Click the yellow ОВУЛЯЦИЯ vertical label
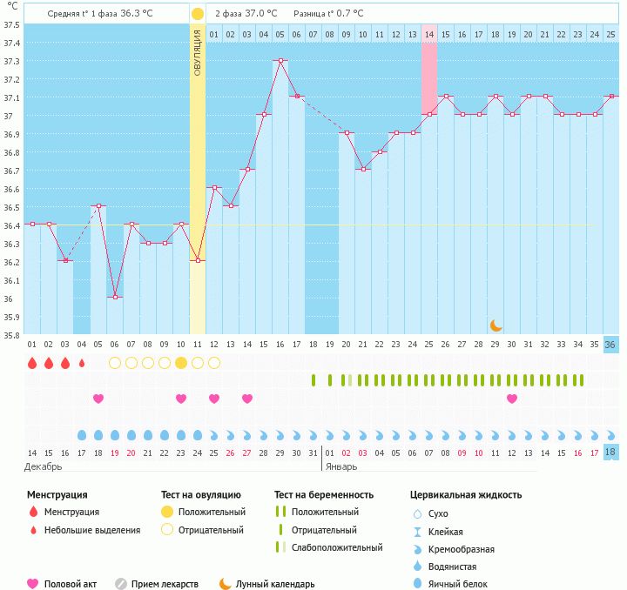pos(198,52)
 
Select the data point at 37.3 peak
pos(280,61)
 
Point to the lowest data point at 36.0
pos(115,298)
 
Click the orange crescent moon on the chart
pos(496,325)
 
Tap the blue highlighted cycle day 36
pos(610,345)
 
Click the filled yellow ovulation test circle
pos(181,363)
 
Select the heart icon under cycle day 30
pos(512,399)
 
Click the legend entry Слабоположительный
pos(337,547)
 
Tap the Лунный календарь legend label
pos(275,584)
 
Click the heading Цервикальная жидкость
pos(466,494)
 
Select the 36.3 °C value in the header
pos(152,14)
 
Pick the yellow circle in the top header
pos(198,14)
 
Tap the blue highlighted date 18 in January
pos(610,453)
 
